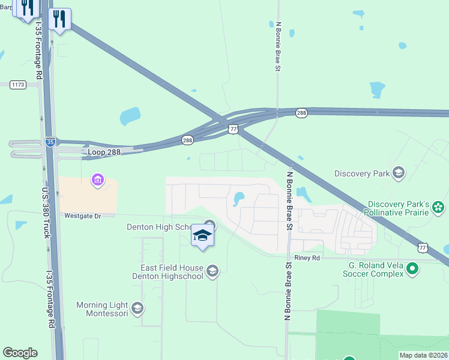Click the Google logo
(20, 353)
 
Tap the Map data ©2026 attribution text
(424, 355)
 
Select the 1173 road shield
(18, 85)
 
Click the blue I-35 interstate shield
(52, 142)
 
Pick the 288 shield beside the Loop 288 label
(188, 140)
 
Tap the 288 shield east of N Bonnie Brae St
(301, 112)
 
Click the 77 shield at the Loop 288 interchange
(234, 129)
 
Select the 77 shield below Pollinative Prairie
(423, 247)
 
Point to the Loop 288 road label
(104, 152)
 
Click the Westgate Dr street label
(81, 215)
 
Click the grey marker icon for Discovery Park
(398, 173)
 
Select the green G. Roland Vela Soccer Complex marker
(412, 269)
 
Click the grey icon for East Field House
(212, 272)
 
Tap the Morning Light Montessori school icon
(137, 309)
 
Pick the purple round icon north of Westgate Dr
(97, 179)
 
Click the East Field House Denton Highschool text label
(166, 272)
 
